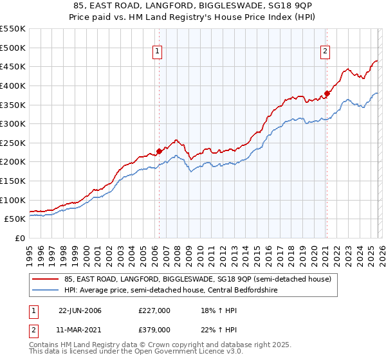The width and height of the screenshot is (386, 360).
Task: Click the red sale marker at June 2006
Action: pos(160,152)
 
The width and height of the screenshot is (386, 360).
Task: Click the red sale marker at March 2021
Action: pos(327,94)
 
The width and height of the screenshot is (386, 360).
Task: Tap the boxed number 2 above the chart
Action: pos(325,52)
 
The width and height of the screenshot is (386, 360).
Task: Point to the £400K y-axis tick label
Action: pos(13,85)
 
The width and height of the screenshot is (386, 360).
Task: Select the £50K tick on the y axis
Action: pos(15,219)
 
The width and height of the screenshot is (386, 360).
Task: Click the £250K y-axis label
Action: pos(13,143)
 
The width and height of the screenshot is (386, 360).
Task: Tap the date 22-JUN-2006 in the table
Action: pos(80,310)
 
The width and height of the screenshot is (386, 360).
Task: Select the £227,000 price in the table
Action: pos(154,310)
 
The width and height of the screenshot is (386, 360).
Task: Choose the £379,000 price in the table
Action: pos(154,329)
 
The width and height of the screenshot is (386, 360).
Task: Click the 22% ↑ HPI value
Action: pos(210,329)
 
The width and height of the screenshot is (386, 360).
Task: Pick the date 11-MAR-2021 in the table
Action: pos(80,329)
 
